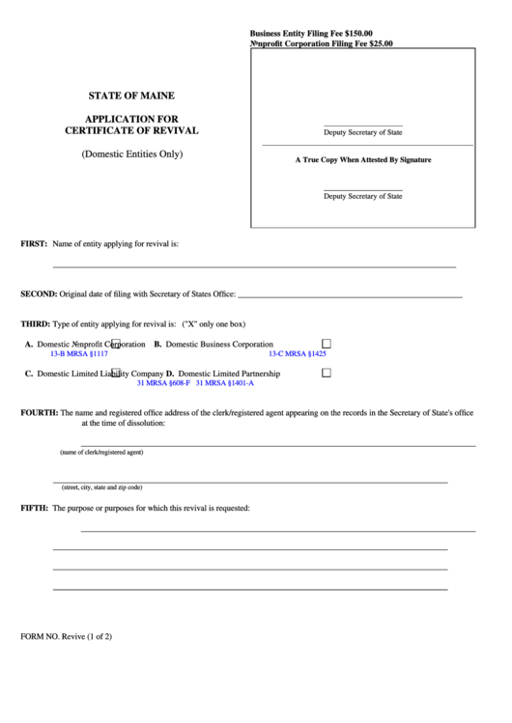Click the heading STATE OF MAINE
pyautogui.click(x=131, y=97)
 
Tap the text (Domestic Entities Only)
pyautogui.click(x=131, y=153)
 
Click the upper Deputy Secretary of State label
pyautogui.click(x=363, y=131)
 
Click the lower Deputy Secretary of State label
pyautogui.click(x=363, y=196)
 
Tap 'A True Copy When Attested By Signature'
pyautogui.click(x=363, y=159)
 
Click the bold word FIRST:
pyautogui.click(x=34, y=244)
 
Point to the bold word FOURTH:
pyautogui.click(x=40, y=412)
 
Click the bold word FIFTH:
pyautogui.click(x=35, y=508)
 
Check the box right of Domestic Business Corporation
pyautogui.click(x=326, y=344)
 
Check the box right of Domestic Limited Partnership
pyautogui.click(x=326, y=373)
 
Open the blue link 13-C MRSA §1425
pyautogui.click(x=298, y=354)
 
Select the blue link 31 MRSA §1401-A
pyautogui.click(x=224, y=383)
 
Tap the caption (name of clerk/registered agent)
pyautogui.click(x=101, y=452)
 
